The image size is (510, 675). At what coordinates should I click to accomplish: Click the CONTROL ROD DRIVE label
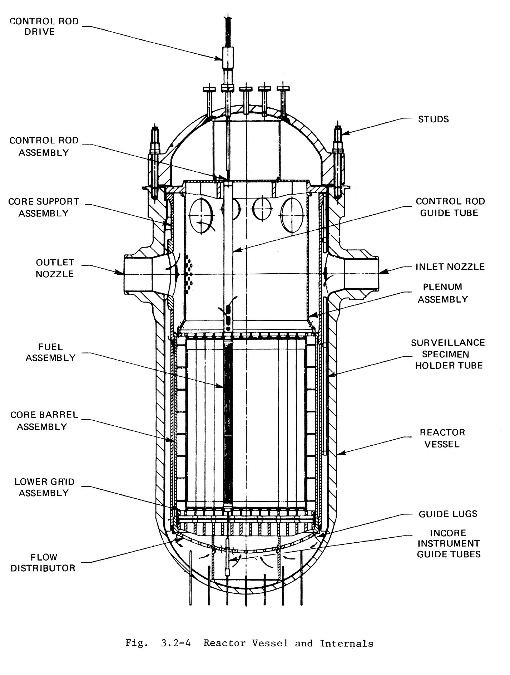coord(44,26)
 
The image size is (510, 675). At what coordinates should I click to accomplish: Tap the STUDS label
coord(433,119)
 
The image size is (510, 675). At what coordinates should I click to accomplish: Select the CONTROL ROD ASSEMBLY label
coord(44,146)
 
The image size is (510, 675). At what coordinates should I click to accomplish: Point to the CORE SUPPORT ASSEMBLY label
coord(44,207)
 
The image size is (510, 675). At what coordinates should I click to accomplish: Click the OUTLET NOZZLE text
coord(55,268)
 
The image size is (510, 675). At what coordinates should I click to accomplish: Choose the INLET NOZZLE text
coord(450,266)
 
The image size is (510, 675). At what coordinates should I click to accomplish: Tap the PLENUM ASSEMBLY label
coord(443,293)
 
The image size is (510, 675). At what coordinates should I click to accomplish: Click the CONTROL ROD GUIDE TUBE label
coord(450,207)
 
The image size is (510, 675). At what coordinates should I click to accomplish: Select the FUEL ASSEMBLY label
coord(50,352)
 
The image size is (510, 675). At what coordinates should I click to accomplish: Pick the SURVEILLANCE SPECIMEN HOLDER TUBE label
coord(448,354)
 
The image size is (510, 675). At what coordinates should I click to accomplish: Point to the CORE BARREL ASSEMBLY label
coord(44,421)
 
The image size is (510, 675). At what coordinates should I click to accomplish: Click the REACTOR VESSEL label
coord(442,438)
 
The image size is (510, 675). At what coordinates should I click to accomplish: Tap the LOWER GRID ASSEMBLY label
coord(44,487)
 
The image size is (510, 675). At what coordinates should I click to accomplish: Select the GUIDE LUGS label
coord(448,514)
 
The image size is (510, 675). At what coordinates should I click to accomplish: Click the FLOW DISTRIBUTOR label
coord(43,562)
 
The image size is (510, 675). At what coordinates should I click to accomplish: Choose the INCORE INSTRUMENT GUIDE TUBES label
coord(449,543)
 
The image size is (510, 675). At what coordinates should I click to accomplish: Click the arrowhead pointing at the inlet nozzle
coord(383,272)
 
